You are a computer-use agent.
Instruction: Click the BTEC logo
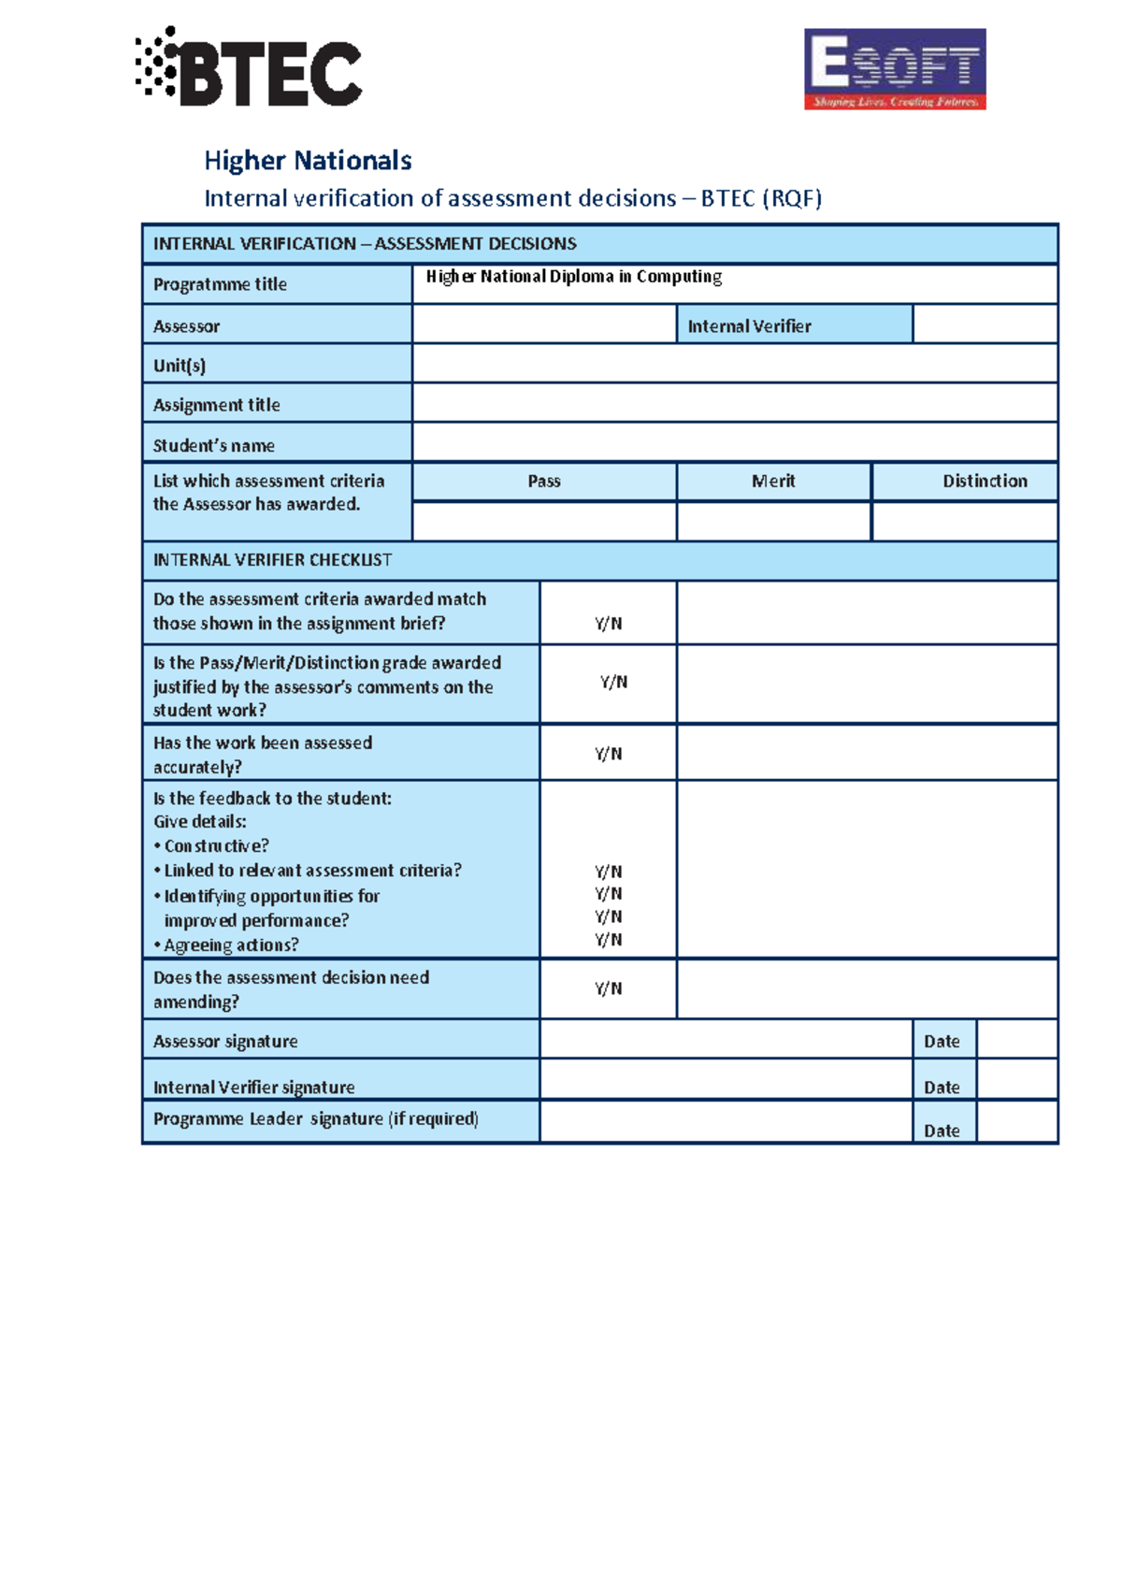(250, 67)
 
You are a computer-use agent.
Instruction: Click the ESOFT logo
(895, 69)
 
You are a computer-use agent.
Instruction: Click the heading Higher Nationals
(308, 161)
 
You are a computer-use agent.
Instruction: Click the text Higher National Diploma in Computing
(573, 277)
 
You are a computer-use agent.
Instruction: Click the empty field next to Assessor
(544, 324)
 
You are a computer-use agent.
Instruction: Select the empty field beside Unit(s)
(734, 364)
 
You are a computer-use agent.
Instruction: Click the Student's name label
(214, 445)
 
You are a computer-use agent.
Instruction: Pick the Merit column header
(773, 482)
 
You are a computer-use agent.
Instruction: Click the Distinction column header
(985, 482)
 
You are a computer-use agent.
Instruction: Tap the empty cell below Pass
(544, 522)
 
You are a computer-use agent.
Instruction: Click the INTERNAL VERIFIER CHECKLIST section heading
(272, 560)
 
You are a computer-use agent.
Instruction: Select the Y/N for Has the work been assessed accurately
(609, 754)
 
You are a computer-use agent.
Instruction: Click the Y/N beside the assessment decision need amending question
(609, 988)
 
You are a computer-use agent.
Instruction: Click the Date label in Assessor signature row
(942, 1042)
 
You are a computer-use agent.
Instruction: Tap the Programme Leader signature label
(316, 1119)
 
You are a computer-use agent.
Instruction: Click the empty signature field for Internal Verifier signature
(726, 1080)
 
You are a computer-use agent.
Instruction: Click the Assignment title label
(217, 405)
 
